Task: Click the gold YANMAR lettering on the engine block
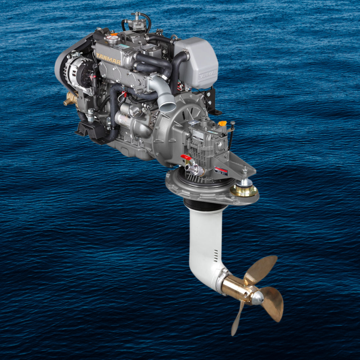(108, 59)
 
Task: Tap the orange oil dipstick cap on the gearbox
(222, 123)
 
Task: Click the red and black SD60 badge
(221, 171)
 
